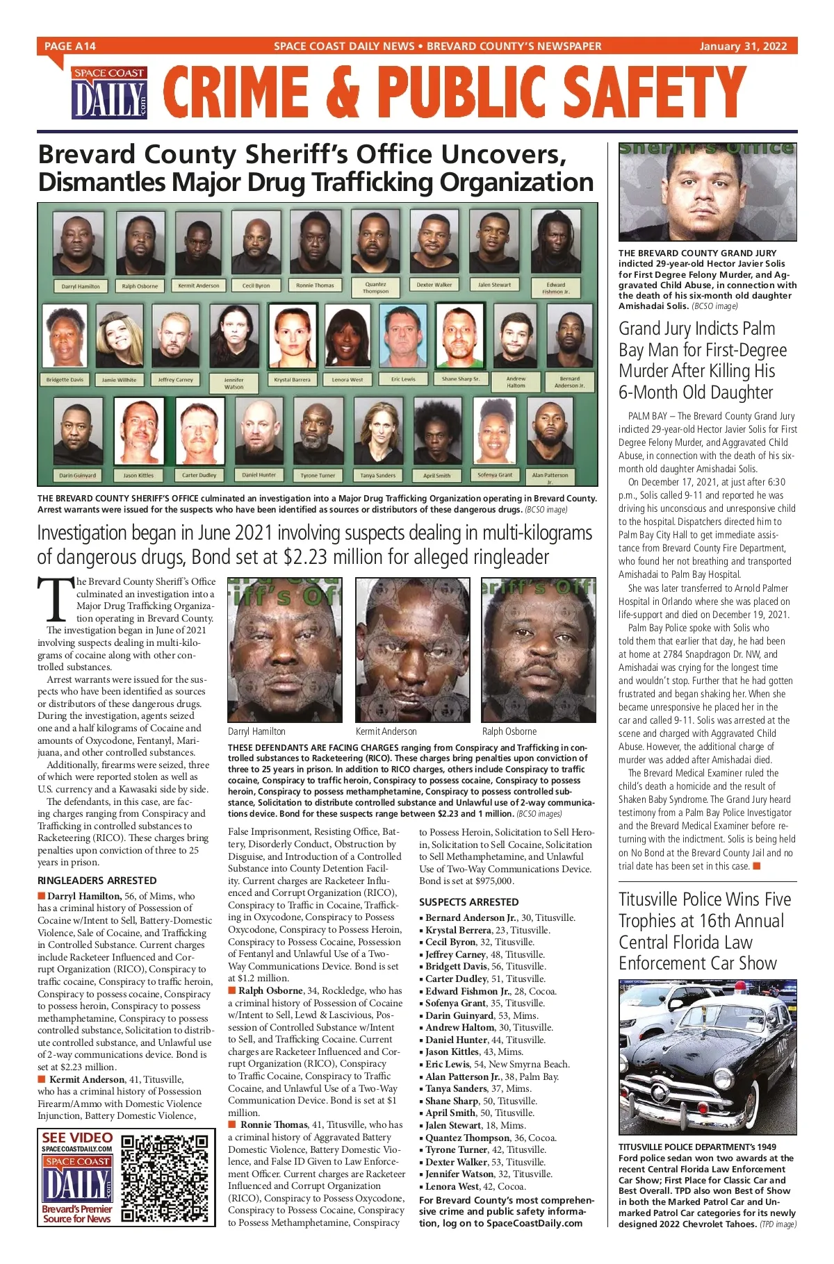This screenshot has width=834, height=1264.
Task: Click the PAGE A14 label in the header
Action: (69, 47)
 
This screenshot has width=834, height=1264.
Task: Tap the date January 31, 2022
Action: (743, 47)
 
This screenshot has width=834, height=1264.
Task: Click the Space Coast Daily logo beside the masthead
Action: (109, 93)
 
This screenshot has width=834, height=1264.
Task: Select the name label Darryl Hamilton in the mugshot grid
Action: (81, 286)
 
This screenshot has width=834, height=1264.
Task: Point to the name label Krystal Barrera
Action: (292, 380)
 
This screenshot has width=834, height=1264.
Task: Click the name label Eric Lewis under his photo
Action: (403, 379)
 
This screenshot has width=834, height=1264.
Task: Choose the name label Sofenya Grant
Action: (495, 475)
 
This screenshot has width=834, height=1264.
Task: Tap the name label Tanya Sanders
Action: (378, 476)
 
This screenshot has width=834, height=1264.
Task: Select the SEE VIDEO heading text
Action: (77, 1138)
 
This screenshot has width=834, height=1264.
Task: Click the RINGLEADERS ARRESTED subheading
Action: (97, 881)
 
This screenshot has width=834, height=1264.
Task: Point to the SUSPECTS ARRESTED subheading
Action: (468, 902)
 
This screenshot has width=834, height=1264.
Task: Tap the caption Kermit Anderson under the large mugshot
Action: (386, 731)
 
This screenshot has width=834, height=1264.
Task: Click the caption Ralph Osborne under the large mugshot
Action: (509, 731)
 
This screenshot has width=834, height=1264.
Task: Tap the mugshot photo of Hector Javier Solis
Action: (708, 192)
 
